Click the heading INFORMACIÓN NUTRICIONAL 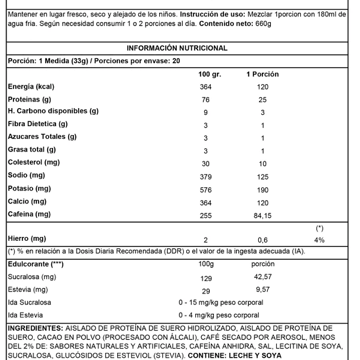(x=177, y=49)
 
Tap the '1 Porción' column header (x=262, y=74)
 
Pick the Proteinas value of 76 (x=206, y=100)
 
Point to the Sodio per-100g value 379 (x=206, y=177)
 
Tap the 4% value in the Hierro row (x=319, y=240)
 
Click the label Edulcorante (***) (x=36, y=264)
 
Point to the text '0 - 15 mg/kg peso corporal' (x=220, y=302)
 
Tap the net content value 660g (x=261, y=24)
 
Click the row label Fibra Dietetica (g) (x=38, y=124)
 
